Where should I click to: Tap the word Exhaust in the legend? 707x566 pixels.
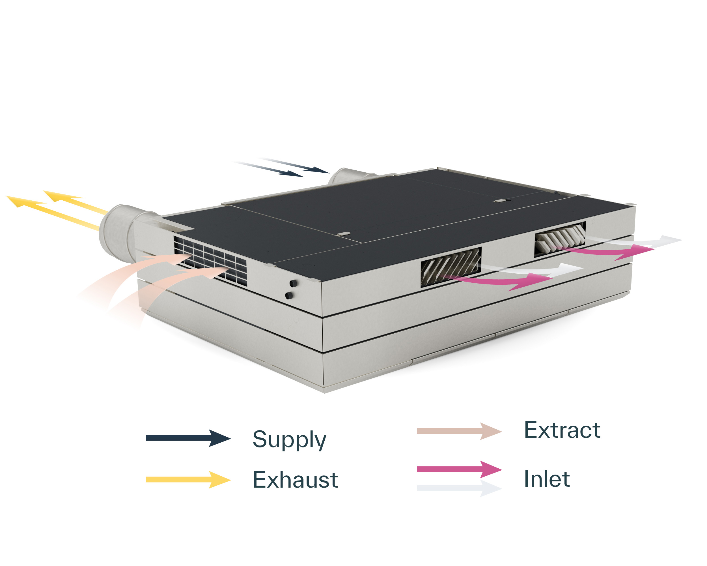click(295, 480)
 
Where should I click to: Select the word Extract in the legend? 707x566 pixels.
click(562, 430)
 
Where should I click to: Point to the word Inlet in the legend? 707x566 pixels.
click(547, 479)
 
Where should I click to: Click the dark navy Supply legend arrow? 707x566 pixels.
click(188, 438)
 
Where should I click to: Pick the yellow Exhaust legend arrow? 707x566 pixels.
click(188, 480)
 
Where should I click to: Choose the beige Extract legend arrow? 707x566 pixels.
click(459, 431)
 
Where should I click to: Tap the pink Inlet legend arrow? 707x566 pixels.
click(459, 469)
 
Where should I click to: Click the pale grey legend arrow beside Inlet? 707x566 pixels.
click(459, 488)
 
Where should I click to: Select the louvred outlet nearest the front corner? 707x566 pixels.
click(451, 266)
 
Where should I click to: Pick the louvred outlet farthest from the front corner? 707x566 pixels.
click(559, 239)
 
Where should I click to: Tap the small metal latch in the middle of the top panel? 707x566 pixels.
click(344, 234)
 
